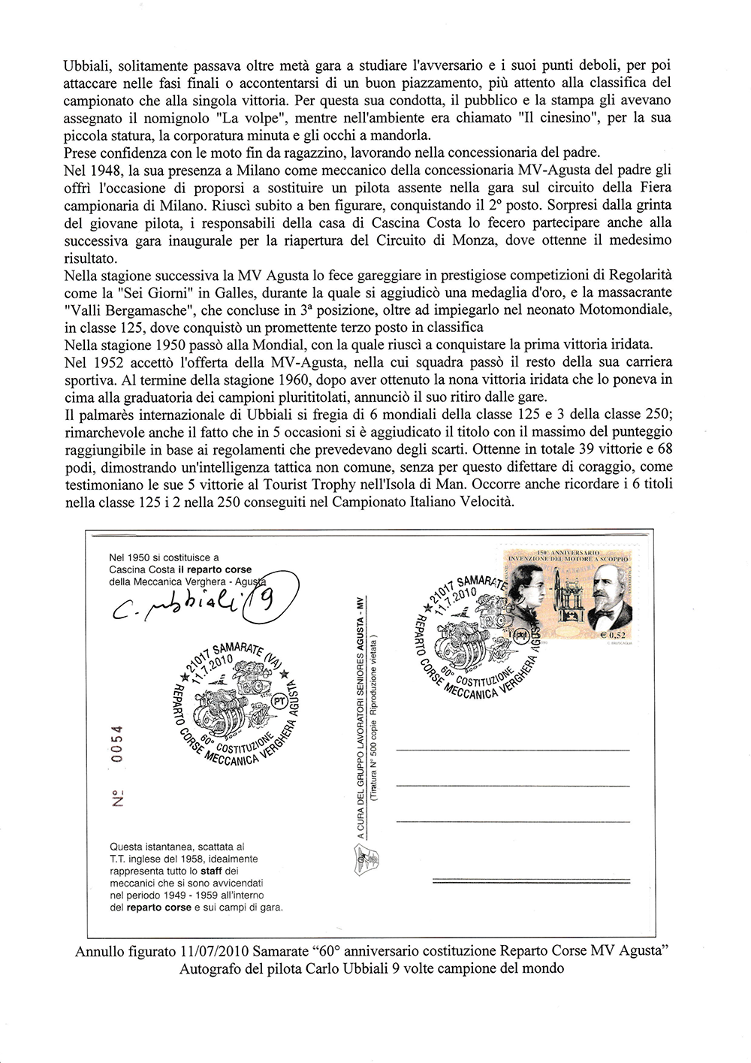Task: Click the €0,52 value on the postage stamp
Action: [613, 636]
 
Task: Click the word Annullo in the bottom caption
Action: [101, 952]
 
